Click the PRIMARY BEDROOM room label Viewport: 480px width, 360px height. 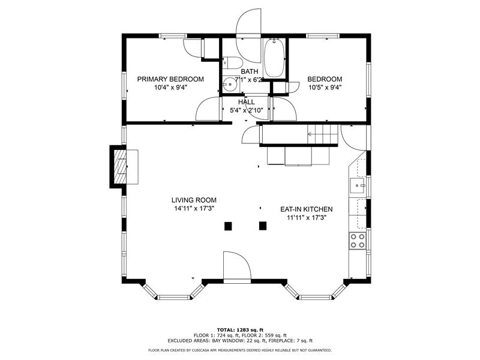pyautogui.click(x=170, y=79)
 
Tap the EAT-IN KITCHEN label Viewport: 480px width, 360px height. pyautogui.click(x=307, y=209)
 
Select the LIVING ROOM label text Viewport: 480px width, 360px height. pyautogui.click(x=194, y=200)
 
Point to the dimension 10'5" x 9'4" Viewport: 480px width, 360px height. pyautogui.click(x=325, y=88)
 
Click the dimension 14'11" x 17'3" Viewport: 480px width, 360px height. pyautogui.click(x=194, y=209)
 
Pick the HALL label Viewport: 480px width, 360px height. pyautogui.click(x=247, y=102)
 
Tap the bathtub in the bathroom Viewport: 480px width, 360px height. pyautogui.click(x=274, y=58)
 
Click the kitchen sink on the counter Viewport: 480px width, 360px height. pyautogui.click(x=358, y=185)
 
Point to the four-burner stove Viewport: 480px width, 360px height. pyautogui.click(x=358, y=241)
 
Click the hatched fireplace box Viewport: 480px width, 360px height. pyautogui.click(x=120, y=166)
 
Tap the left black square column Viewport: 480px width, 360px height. pyautogui.click(x=228, y=226)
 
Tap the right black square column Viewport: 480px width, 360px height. pyautogui.click(x=263, y=226)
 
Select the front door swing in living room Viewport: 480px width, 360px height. pyautogui.click(x=237, y=266)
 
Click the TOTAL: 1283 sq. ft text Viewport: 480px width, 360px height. pyautogui.click(x=240, y=329)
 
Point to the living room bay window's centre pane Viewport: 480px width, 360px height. pyautogui.click(x=173, y=297)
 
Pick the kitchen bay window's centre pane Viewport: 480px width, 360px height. pyautogui.click(x=316, y=297)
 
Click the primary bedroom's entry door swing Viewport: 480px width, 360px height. pyautogui.click(x=208, y=109)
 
